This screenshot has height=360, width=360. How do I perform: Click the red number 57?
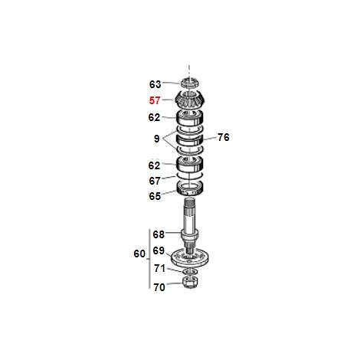(155, 100)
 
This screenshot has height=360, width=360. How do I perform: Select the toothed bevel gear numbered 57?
(189, 100)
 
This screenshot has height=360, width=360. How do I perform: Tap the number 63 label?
(155, 84)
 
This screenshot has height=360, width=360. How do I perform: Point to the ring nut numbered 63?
(189, 83)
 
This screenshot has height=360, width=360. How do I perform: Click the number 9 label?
(157, 139)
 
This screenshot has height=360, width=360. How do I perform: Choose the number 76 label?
(224, 137)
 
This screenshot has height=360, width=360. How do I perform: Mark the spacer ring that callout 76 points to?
(190, 139)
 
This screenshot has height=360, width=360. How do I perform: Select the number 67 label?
(155, 181)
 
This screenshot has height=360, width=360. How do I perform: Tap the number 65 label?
(155, 196)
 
